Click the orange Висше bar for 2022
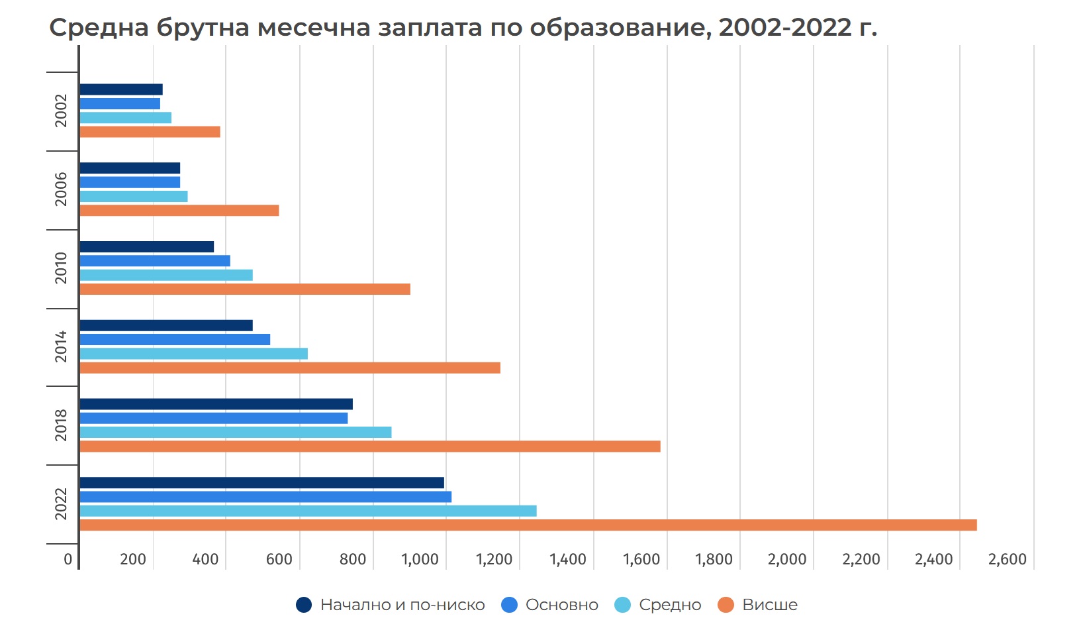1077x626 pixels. pos(528,525)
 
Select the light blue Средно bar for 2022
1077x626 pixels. pos(308,511)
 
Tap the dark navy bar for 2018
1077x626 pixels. pos(216,404)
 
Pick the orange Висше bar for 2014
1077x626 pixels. pos(290,368)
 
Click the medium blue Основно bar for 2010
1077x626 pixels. pos(155,261)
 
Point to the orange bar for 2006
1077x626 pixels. pos(179,211)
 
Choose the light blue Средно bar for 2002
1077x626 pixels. pos(125,118)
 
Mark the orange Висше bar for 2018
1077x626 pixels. pos(369,446)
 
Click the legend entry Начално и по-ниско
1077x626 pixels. pos(391,605)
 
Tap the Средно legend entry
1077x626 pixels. pos(658,605)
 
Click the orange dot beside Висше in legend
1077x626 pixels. pos(726,605)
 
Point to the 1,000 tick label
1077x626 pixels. pos(420,559)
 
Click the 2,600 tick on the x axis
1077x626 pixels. pos(1007,559)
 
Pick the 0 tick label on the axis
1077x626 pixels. pos(68,559)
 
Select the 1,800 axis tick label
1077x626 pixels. pos(714,559)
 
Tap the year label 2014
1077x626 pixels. pos(61,346)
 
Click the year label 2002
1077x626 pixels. pos(61,111)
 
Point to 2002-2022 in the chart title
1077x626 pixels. pos(785,28)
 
